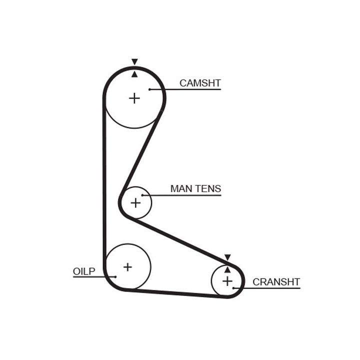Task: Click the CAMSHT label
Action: (x=200, y=83)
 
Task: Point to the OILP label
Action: (x=84, y=271)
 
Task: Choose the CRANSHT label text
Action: (x=276, y=281)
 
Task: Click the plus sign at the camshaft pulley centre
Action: (x=134, y=98)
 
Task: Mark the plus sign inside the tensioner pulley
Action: (x=135, y=202)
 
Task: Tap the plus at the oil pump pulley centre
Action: (x=127, y=266)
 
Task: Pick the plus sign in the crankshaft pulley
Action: (x=227, y=281)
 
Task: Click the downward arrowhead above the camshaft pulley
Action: (x=134, y=62)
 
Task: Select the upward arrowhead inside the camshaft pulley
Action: (x=134, y=74)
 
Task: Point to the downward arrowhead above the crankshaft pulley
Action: (x=227, y=257)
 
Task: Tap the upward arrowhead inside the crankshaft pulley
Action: (x=227, y=269)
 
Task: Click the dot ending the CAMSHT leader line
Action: (x=149, y=89)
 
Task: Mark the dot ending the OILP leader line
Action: (x=115, y=276)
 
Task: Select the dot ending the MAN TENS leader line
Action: (x=142, y=195)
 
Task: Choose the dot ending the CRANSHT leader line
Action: (x=233, y=288)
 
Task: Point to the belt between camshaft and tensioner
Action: (x=141, y=155)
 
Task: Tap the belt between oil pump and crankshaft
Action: (x=175, y=293)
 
